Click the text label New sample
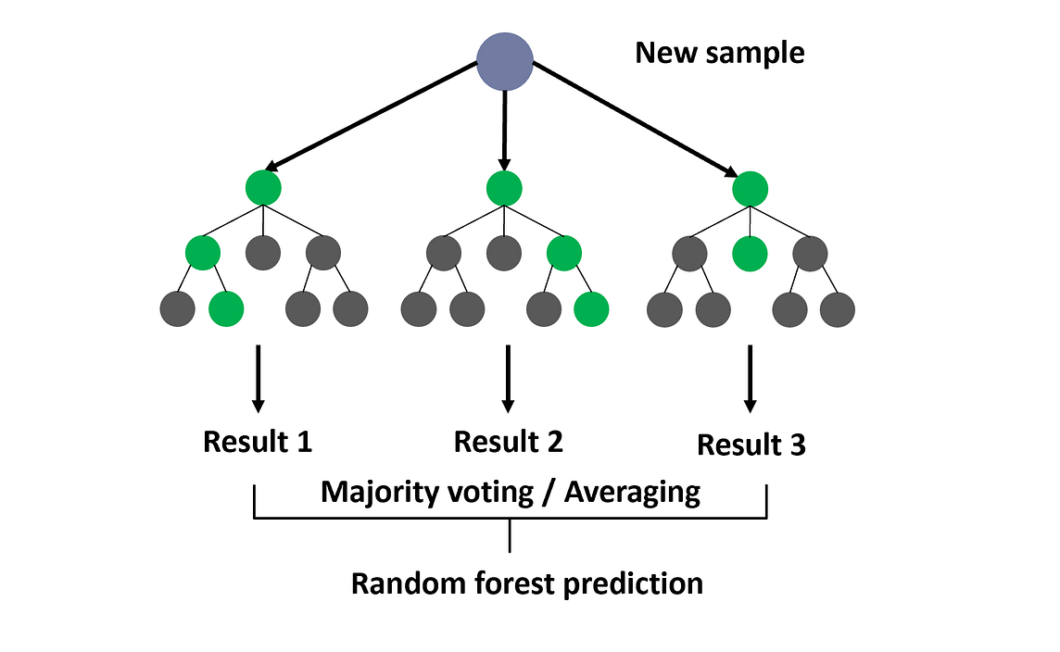[719, 53]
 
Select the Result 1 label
[258, 442]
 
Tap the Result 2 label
[508, 442]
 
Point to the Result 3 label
[751, 445]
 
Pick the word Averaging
[632, 492]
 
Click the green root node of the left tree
[263, 188]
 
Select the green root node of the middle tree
[504, 188]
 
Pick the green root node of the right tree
[750, 189]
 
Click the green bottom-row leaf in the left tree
[226, 308]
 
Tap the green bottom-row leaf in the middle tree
[591, 308]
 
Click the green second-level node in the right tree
[750, 252]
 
